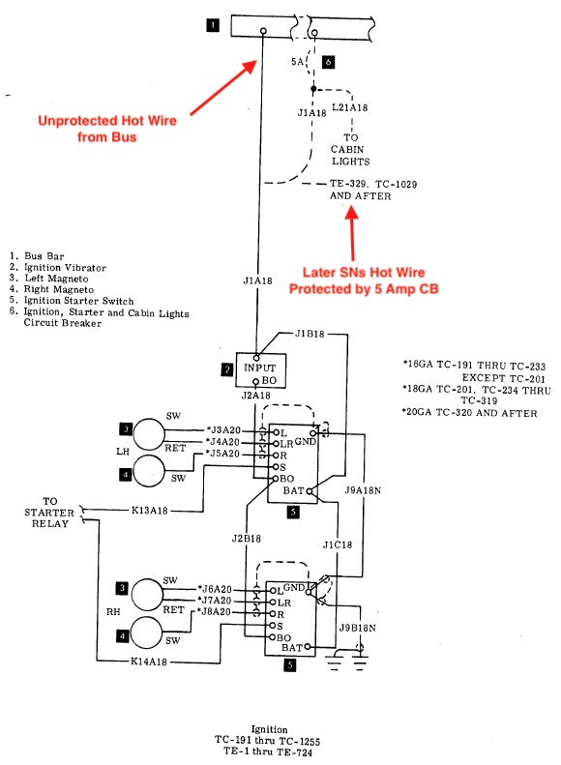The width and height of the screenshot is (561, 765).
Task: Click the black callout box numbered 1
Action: coord(213,25)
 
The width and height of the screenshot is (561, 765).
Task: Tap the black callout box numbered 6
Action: coord(328,62)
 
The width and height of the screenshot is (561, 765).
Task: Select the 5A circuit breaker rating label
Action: coord(297,62)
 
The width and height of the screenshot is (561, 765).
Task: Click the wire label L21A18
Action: coord(350,107)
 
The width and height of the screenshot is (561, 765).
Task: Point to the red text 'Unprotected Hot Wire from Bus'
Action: coord(107,129)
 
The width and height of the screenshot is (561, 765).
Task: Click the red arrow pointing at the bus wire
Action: coord(223,87)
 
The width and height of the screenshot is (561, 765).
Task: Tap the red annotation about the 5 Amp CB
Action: coord(364,280)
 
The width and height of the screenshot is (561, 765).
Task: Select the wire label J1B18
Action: coord(310,334)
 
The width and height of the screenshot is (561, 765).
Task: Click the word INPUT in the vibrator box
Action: coord(260,368)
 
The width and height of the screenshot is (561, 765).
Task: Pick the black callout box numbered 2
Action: coord(227,369)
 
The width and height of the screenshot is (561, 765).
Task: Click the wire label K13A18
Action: coord(149,511)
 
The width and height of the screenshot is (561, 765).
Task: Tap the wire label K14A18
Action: coord(148,662)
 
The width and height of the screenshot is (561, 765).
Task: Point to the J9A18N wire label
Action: coord(363,490)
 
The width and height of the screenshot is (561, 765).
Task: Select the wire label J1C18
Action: coord(338,544)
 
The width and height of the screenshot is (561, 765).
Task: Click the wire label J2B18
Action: coord(247,539)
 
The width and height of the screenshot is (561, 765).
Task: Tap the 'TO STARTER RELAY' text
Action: coord(49,513)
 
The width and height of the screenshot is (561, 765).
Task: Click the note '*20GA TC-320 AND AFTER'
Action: coord(469,413)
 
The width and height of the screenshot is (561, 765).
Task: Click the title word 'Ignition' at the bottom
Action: coord(269,729)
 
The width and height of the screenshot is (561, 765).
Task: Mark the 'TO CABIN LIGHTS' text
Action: coord(350,149)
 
